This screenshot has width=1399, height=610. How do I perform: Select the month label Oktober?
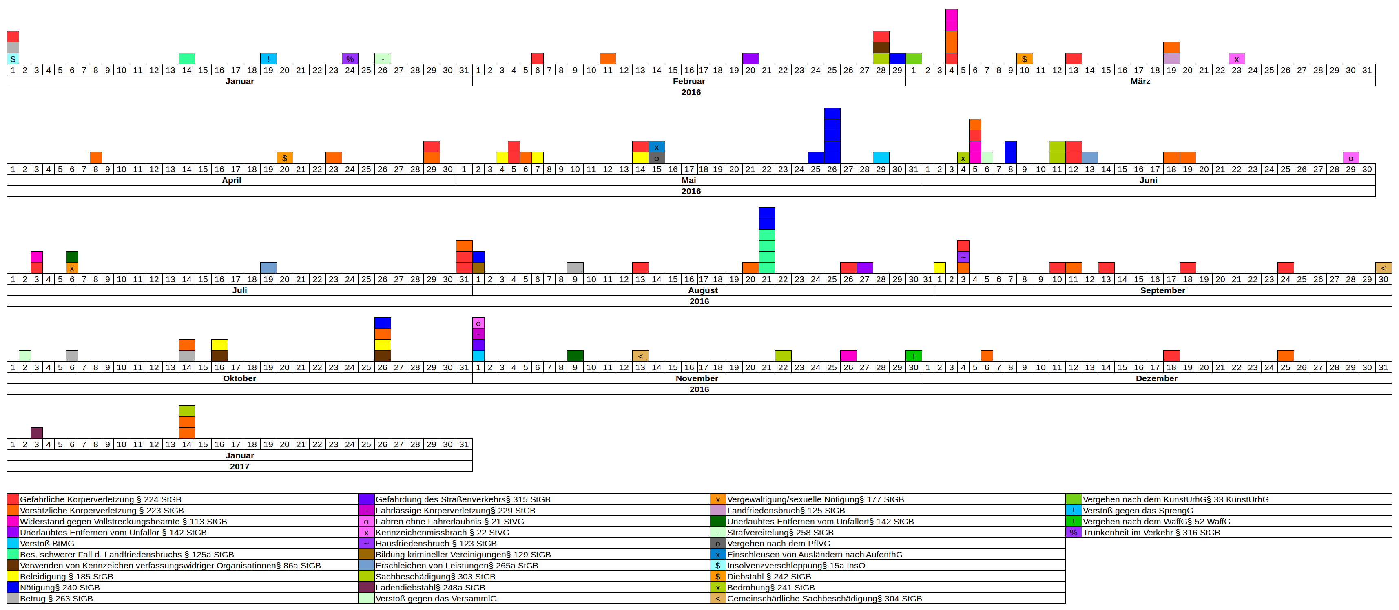pyautogui.click(x=239, y=379)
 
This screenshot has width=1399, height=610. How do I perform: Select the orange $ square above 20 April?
pyautogui.click(x=285, y=158)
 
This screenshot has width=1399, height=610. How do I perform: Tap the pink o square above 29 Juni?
pyautogui.click(x=1350, y=158)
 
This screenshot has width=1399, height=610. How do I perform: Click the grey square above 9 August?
pyautogui.click(x=575, y=267)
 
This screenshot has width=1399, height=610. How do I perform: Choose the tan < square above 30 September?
pyautogui.click(x=1383, y=267)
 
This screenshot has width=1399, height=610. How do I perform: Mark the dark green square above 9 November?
pyautogui.click(x=575, y=356)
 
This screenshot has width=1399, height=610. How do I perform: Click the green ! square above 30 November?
pyautogui.click(x=914, y=356)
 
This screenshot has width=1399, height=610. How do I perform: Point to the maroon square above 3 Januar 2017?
pyautogui.click(x=36, y=433)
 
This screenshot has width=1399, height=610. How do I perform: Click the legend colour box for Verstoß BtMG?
pyautogui.click(x=13, y=543)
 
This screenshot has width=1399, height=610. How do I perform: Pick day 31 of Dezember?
pyautogui.click(x=1383, y=367)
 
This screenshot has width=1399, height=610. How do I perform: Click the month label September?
pyautogui.click(x=1162, y=290)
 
